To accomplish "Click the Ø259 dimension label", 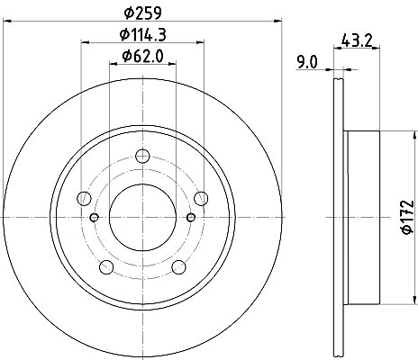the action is [x=143, y=13].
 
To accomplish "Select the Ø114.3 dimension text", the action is [x=143, y=34].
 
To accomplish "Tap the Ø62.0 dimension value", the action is [x=142, y=56].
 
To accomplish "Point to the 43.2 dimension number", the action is [x=357, y=40].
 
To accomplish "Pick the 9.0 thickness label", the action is [x=307, y=62].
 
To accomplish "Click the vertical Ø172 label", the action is [x=408, y=217].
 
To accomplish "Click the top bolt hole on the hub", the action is [x=142, y=156].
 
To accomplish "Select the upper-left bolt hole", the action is [x=84, y=198].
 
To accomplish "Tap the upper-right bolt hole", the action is [x=201, y=198].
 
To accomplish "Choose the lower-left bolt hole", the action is [x=106, y=267].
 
